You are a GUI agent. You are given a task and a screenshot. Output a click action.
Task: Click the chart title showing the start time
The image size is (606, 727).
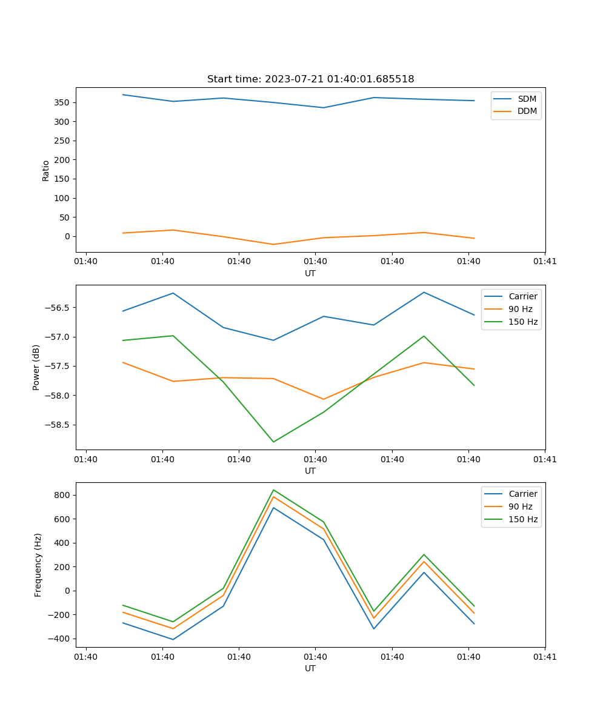tap(310, 79)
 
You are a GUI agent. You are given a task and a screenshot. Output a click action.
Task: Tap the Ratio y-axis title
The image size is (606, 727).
tap(46, 170)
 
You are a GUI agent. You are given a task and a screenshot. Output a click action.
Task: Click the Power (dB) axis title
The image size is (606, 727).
tap(36, 367)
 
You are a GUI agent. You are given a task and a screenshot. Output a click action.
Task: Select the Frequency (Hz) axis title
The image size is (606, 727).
tap(38, 565)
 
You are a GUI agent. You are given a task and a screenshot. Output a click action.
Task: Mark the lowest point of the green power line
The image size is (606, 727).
tap(273, 442)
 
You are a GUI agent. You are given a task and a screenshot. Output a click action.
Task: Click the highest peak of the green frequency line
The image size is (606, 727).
tap(273, 490)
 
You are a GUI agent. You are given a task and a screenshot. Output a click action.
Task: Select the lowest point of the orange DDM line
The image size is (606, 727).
tap(273, 244)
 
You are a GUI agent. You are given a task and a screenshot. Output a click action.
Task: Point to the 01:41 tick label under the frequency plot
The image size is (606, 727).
tap(544, 656)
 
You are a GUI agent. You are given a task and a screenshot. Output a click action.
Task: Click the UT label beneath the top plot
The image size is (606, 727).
tap(310, 273)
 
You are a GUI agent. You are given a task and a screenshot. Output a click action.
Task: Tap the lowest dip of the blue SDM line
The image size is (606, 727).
tap(324, 108)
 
